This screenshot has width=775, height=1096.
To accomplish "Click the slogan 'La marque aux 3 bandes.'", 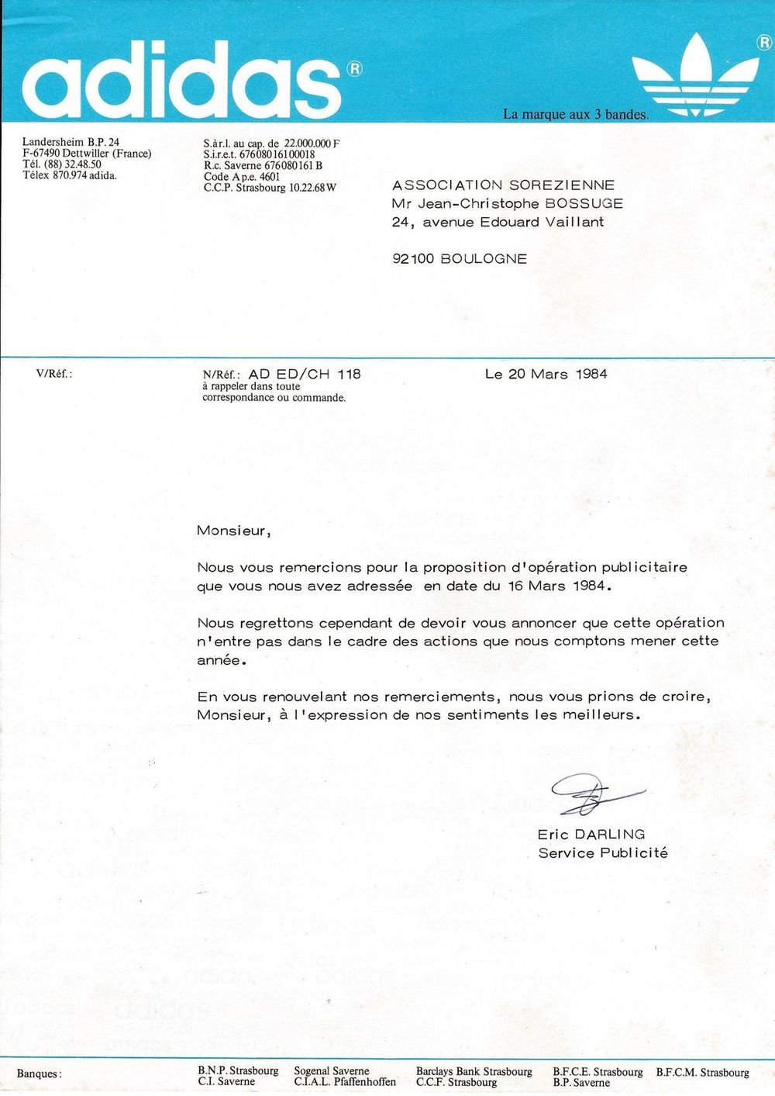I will point(575,115).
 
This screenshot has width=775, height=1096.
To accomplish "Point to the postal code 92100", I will point(414,259).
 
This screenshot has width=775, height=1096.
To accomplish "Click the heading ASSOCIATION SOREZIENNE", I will point(503,185).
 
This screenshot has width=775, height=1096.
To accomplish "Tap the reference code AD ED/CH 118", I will point(305,374).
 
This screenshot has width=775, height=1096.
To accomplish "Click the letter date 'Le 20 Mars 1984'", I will point(546,374).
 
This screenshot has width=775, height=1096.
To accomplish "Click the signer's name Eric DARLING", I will point(591,835).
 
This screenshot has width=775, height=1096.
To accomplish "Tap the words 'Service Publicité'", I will point(603,853).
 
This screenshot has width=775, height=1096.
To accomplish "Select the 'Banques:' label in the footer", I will point(39,1074).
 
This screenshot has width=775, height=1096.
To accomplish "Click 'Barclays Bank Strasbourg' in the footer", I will point(474,1071).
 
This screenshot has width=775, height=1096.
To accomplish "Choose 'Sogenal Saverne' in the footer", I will point(332,1071).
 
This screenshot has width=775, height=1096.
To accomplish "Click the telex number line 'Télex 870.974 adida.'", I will point(70,175).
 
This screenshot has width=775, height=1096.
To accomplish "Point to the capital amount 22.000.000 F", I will point(312,143).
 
